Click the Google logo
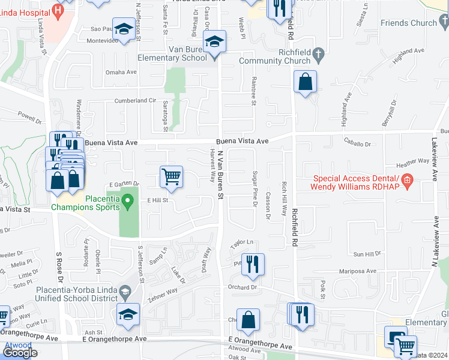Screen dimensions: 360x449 click(x=20, y=353)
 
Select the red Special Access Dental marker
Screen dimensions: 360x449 click(x=407, y=180)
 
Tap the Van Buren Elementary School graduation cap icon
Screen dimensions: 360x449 click(x=214, y=43)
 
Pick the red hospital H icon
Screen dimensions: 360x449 click(x=58, y=10)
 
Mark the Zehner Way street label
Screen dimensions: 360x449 click(x=164, y=292)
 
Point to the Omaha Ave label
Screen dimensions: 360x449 click(x=122, y=72)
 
